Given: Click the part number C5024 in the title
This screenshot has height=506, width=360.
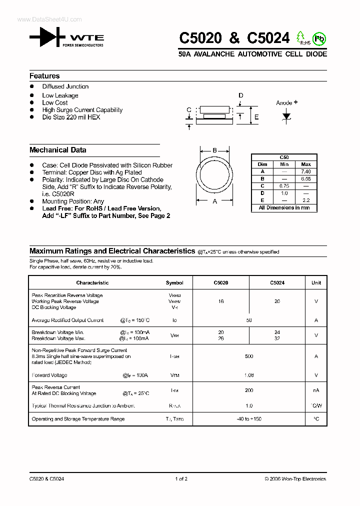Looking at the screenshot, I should tap(268, 38).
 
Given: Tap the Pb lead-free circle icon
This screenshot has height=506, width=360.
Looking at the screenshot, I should tap(319, 38).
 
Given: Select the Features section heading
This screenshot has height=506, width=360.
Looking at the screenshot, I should tap(44, 76).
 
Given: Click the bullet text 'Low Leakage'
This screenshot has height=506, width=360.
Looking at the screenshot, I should tap(60, 95).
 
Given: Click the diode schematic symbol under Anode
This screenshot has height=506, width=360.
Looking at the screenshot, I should tap(286, 115).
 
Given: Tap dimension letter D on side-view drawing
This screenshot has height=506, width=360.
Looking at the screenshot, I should tap(240, 95).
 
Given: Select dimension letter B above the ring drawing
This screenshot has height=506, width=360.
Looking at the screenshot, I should tap(214, 150).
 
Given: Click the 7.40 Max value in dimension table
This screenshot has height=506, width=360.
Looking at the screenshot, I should tap(306, 171).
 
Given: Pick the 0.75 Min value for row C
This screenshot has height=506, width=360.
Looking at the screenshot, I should tap(284, 186).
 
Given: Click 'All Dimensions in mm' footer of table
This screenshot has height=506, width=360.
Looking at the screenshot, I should tap(284, 207).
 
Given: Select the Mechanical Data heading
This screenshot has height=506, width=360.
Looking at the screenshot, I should tap(57, 150).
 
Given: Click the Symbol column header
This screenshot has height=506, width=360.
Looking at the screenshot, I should tap(174, 282).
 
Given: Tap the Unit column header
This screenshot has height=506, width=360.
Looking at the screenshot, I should tap(316, 282).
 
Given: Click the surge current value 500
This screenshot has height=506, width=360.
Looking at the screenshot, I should tap(249, 356).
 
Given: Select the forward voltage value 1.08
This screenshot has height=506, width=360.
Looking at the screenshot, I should tap(249, 375).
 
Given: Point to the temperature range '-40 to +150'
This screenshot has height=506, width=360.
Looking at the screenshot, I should tap(249, 419).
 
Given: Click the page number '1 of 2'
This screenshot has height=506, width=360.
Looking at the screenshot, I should tap(181, 478).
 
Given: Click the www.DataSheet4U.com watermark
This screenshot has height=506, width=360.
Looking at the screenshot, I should tap(49, 19).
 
